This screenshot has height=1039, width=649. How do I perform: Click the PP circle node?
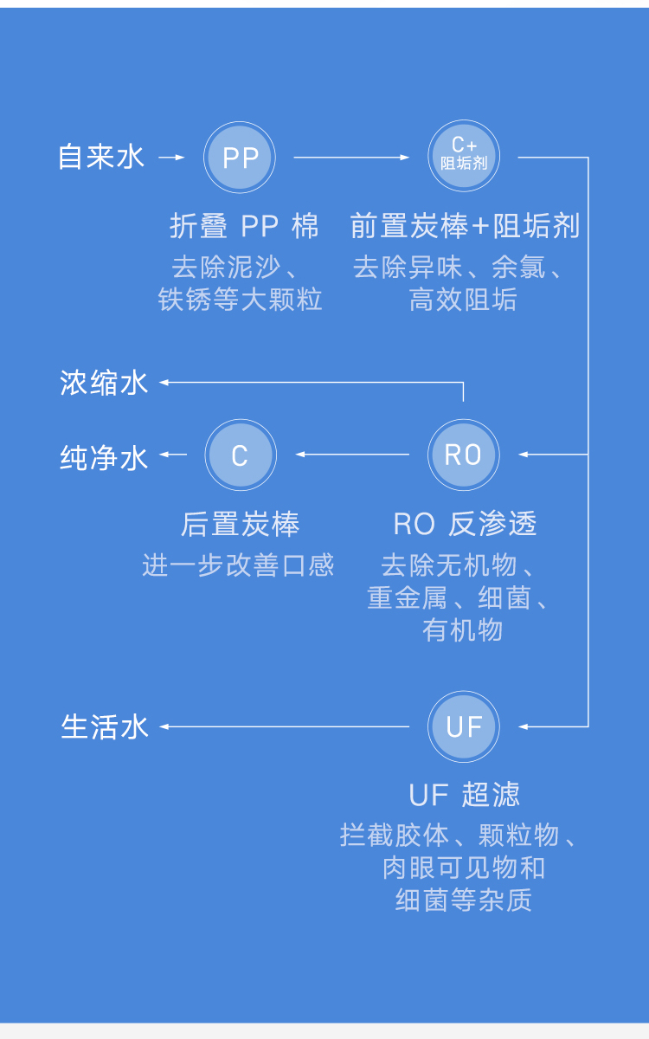click(x=240, y=158)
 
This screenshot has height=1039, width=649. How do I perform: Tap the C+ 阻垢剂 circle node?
click(x=465, y=158)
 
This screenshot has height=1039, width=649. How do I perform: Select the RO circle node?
click(x=464, y=455)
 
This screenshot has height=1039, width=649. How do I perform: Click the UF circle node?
click(x=464, y=726)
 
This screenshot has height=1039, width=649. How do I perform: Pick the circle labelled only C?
click(x=240, y=455)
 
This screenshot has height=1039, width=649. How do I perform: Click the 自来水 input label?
click(x=101, y=158)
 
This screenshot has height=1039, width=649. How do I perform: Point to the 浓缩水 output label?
click(x=104, y=383)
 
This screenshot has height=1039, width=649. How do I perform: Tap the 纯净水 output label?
click(x=104, y=456)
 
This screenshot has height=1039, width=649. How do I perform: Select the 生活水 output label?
click(x=105, y=726)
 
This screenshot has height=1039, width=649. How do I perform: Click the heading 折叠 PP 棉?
click(x=244, y=227)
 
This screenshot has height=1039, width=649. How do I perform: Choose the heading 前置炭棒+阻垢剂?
click(x=465, y=227)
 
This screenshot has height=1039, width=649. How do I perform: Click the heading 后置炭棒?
click(x=240, y=525)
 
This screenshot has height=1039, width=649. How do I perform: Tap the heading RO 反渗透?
click(x=465, y=525)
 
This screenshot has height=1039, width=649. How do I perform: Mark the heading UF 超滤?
click(x=465, y=795)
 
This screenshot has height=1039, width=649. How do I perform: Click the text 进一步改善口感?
click(x=238, y=565)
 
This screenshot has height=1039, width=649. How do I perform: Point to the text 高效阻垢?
click(x=464, y=300)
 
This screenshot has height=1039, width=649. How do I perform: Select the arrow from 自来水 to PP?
click(x=172, y=158)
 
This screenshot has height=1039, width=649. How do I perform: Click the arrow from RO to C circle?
click(x=352, y=455)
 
